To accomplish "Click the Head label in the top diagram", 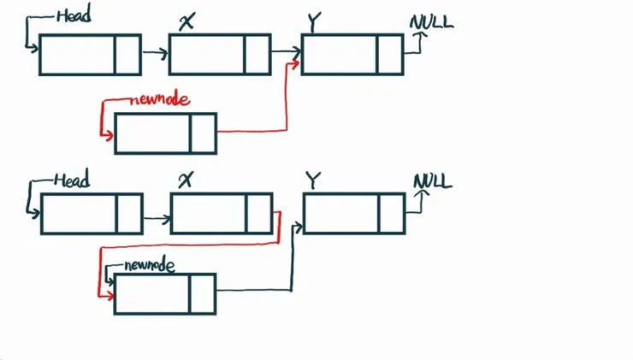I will (x=74, y=15).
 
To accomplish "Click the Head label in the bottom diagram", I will (x=72, y=180).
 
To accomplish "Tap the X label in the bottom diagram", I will (x=185, y=180).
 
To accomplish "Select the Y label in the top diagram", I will (x=313, y=22).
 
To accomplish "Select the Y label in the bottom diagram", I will (x=313, y=180).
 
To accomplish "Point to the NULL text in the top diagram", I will (x=431, y=21).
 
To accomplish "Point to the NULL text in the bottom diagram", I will (x=433, y=181).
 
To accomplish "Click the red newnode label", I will (x=160, y=99).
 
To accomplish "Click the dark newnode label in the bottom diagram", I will (x=149, y=265).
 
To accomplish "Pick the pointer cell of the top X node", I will (x=257, y=55).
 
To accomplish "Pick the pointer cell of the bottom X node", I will (x=259, y=214).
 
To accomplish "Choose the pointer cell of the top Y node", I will (x=390, y=55).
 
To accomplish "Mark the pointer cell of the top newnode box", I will (x=203, y=133).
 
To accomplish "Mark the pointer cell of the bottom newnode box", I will (x=203, y=293).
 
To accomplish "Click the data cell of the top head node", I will (x=77, y=55).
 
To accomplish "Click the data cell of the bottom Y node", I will (x=340, y=214).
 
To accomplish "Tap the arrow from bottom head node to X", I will (x=156, y=219).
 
